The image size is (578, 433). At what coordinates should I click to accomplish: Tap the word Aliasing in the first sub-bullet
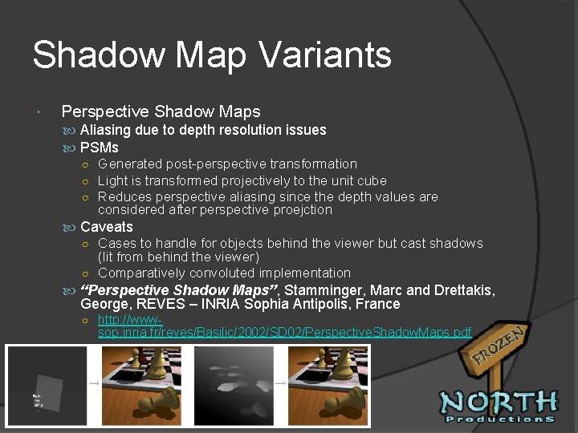[x=108, y=130]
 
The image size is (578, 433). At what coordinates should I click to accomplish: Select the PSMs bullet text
[x=100, y=148]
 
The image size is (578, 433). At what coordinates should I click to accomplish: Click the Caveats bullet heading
[x=107, y=227]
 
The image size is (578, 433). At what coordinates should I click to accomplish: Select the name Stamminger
[x=323, y=289]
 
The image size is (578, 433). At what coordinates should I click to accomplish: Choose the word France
[x=380, y=305]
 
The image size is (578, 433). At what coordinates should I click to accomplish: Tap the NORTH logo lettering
[x=499, y=401]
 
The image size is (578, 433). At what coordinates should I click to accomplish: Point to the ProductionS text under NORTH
[x=499, y=419]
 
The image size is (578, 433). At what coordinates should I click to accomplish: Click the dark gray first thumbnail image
[x=46, y=385]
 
